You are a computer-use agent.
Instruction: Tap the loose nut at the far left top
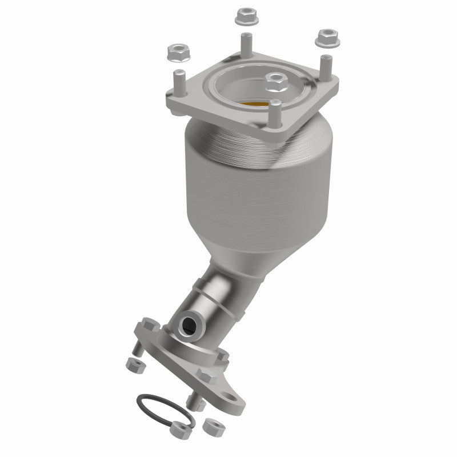[x=176, y=53]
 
